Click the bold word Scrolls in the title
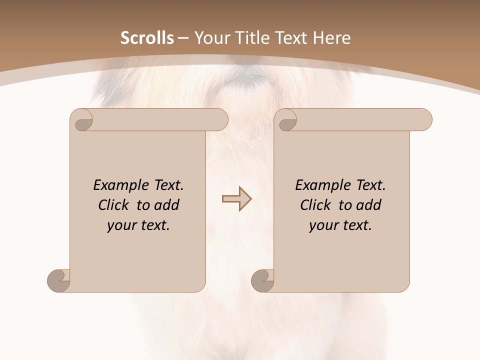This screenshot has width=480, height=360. pyautogui.click(x=147, y=38)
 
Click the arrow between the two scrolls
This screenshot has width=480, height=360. pyautogui.click(x=236, y=199)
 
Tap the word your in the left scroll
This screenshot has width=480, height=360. pyautogui.click(x=121, y=225)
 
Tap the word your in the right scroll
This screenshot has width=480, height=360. pyautogui.click(x=323, y=225)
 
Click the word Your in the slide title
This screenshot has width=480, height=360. pyautogui.click(x=208, y=38)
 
